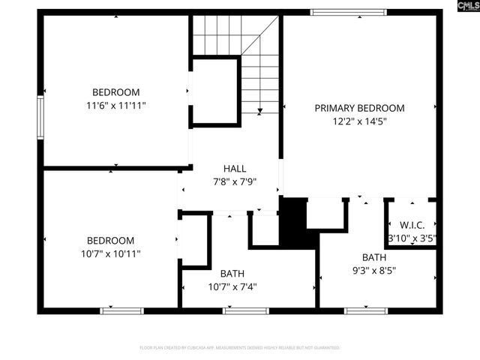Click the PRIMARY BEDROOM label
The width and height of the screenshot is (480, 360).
pyautogui.click(x=359, y=108)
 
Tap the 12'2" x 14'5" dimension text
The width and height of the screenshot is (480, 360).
pyautogui.click(x=359, y=121)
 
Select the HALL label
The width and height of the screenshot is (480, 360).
pyautogui.click(x=235, y=169)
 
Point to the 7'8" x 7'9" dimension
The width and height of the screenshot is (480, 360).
pyautogui.click(x=235, y=181)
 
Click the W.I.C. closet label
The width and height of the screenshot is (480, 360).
pyautogui.click(x=412, y=225)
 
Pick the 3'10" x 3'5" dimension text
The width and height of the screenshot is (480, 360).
pyautogui.click(x=412, y=238)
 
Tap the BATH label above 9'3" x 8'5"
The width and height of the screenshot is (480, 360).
pyautogui.click(x=374, y=257)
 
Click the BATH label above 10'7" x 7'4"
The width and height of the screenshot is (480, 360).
pyautogui.click(x=232, y=274)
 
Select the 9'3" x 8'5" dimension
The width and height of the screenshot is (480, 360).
pyautogui.click(x=374, y=270)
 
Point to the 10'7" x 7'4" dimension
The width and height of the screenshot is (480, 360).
pyautogui.click(x=232, y=286)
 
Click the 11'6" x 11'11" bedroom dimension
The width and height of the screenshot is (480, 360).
pyautogui.click(x=115, y=106)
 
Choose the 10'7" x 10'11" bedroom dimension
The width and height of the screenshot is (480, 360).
pyautogui.click(x=110, y=253)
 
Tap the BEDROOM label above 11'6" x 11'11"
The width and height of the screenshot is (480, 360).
pyautogui.click(x=115, y=93)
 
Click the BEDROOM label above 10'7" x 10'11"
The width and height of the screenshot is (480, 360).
pyautogui.click(x=110, y=241)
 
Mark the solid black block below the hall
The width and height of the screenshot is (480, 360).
pyautogui.click(x=294, y=221)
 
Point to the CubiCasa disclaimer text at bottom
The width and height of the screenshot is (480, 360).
pyautogui.click(x=240, y=348)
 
